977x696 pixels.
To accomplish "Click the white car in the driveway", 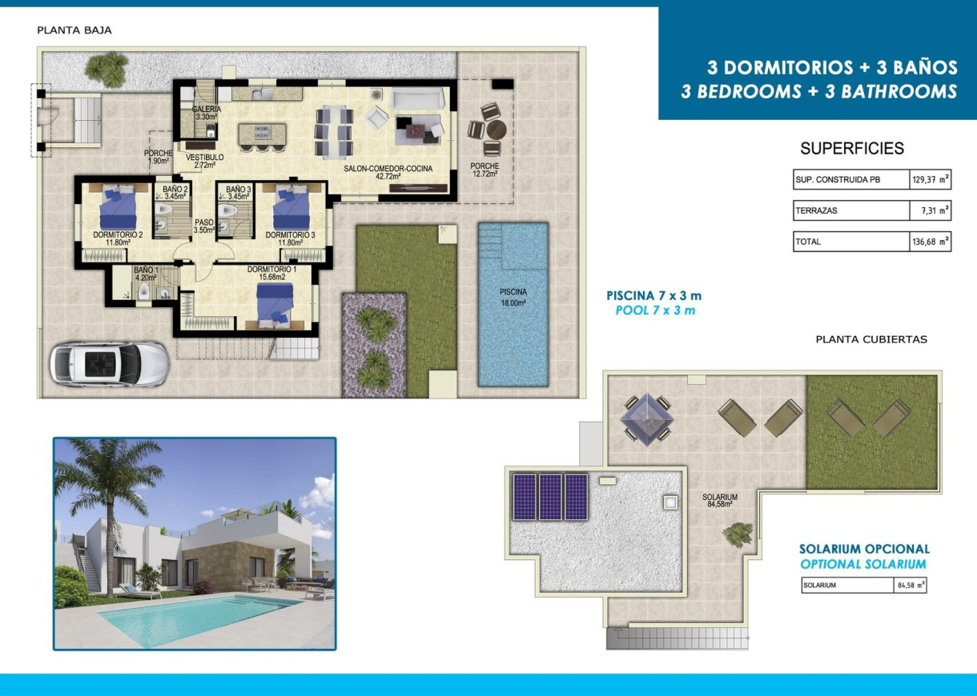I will click(109, 363).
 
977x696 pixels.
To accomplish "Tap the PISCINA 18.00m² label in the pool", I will click(513, 297).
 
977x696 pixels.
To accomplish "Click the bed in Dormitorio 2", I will click(117, 207).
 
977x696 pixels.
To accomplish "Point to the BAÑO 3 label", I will click(239, 192).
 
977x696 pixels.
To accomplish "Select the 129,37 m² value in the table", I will click(930, 180).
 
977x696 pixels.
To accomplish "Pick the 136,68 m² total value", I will click(930, 242).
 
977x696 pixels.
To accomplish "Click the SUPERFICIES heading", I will click(852, 148).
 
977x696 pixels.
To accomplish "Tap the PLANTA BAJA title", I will click(74, 30).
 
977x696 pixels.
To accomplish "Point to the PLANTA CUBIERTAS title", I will click(871, 339).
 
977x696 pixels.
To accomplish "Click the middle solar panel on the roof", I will click(550, 497).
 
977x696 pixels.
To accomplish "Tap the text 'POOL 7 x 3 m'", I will click(655, 310).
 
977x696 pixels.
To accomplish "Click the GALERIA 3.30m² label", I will click(206, 113).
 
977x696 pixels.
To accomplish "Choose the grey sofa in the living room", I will click(417, 98).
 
